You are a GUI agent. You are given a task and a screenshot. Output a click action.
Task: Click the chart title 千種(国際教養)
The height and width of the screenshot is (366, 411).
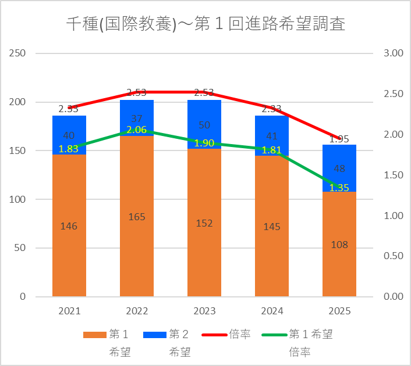click(205, 24)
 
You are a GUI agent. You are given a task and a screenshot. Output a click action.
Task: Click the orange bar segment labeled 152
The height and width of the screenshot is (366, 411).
click(204, 223)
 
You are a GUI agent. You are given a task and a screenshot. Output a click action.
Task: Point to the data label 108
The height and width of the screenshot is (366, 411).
click(339, 245)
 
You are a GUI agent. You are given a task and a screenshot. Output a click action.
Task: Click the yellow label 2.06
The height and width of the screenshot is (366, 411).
click(137, 130)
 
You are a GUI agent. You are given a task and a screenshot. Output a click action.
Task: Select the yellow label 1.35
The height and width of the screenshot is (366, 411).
click(339, 188)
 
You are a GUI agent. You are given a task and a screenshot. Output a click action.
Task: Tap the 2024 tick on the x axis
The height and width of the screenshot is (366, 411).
click(272, 311)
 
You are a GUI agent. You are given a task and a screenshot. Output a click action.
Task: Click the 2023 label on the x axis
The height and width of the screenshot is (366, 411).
click(204, 311)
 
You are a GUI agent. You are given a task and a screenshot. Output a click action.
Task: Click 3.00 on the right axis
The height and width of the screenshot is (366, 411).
click(394, 53)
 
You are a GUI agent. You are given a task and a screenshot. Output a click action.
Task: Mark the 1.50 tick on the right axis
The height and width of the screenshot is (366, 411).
click(394, 175)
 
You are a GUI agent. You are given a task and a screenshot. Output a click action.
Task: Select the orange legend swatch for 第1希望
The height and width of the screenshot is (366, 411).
click(94, 335)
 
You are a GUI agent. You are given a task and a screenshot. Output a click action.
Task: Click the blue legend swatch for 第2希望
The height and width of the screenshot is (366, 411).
click(155, 335)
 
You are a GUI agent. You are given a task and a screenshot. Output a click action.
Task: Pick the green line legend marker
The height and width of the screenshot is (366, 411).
click(274, 335)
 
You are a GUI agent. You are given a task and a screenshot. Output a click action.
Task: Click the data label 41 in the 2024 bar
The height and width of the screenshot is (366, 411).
click(272, 137)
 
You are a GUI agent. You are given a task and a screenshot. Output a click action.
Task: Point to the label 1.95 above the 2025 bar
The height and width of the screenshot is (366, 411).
click(339, 139)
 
